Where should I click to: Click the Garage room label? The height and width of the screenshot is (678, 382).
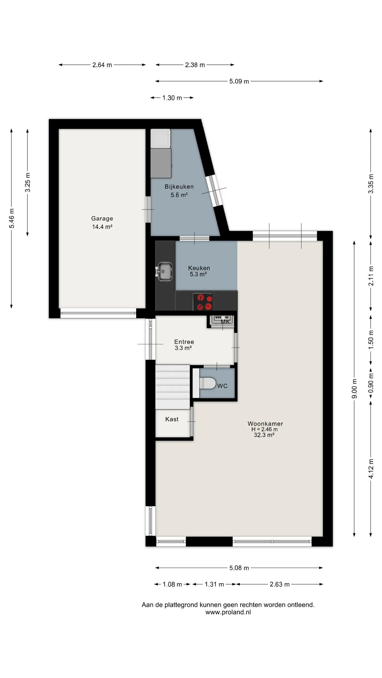[x=102, y=218]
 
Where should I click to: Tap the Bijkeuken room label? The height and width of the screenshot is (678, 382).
[x=179, y=186]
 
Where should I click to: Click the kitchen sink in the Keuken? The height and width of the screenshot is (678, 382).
[x=164, y=271]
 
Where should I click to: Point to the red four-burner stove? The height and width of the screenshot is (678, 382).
[x=202, y=302]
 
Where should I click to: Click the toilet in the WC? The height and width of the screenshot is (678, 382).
[x=207, y=383]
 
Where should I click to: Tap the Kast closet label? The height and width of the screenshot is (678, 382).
[x=172, y=419]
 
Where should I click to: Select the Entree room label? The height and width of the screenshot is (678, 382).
[x=184, y=342]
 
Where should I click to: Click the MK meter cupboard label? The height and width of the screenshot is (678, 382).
[x=225, y=322]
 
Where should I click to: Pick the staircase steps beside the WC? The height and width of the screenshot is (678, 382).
[x=172, y=387]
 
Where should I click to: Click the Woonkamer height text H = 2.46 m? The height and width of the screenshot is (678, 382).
[x=264, y=429]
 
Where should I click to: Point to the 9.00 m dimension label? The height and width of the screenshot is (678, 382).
[x=354, y=389]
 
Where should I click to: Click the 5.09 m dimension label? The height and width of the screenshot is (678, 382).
[x=239, y=81]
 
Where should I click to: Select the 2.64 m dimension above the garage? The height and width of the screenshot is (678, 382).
[x=102, y=65]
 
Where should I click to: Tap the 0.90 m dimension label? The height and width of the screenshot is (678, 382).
[x=371, y=383]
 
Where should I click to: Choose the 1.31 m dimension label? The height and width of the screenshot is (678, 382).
[x=214, y=584]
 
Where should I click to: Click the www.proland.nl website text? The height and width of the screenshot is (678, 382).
[x=228, y=612]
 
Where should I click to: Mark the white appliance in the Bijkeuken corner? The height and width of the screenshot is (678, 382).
[x=160, y=138]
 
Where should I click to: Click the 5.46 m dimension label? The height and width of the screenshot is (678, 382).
[x=12, y=218]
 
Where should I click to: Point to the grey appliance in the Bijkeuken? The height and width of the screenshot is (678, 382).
[x=161, y=163]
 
